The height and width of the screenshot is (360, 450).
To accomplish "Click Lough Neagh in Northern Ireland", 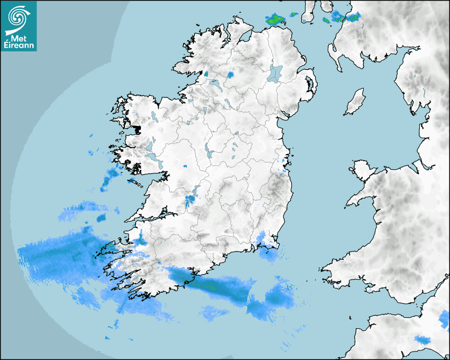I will click(275, 73).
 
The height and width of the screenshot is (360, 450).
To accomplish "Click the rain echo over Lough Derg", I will click(190, 200).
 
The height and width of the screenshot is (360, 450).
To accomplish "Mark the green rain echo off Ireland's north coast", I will click(275, 20).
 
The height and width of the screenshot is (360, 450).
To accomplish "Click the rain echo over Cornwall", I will click(422, 339).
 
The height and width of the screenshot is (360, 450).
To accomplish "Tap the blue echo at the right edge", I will click(444, 319).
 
